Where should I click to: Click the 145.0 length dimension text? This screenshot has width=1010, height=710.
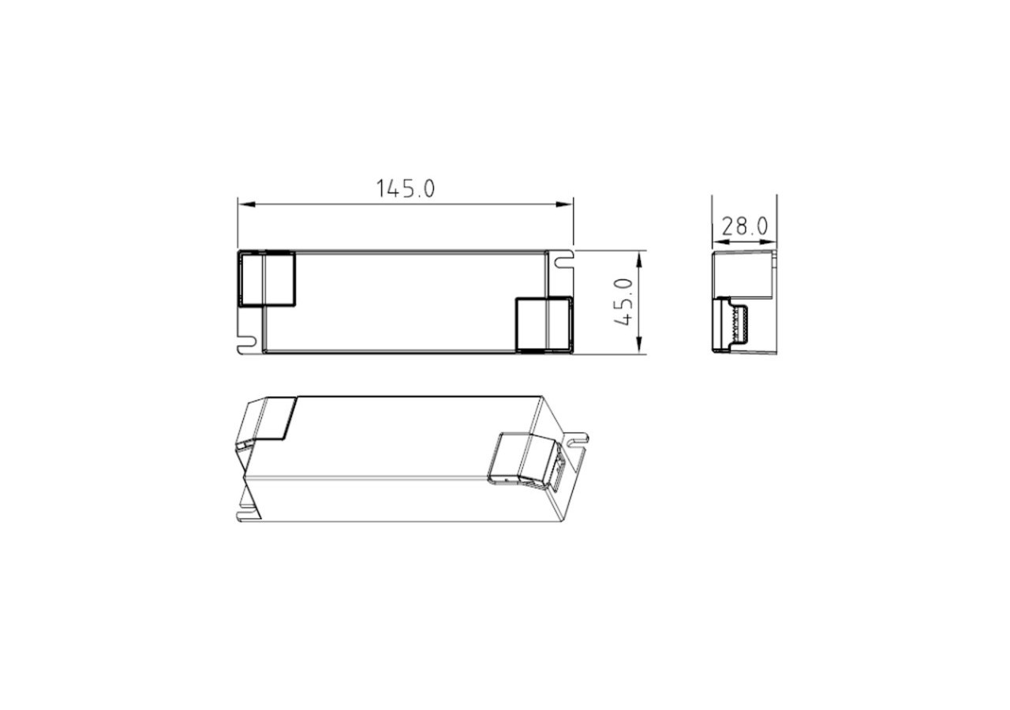(406, 189)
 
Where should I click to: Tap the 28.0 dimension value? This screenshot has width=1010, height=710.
(744, 226)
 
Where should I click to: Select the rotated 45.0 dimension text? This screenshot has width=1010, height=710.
(623, 302)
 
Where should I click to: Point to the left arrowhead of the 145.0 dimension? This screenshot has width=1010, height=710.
(247, 204)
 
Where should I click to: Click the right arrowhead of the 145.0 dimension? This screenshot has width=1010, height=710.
(564, 204)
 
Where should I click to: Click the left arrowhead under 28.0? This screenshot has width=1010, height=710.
(721, 242)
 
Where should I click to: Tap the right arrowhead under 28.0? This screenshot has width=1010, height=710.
(768, 242)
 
